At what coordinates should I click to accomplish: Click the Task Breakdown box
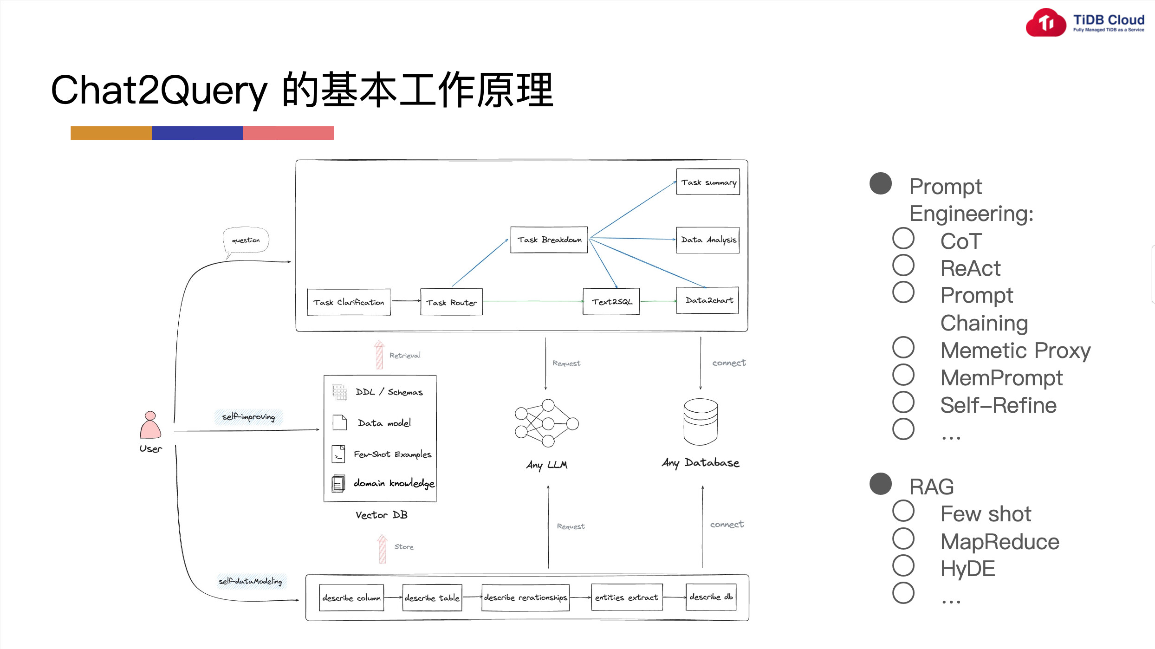pyautogui.click(x=549, y=240)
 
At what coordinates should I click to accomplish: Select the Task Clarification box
pyautogui.click(x=349, y=302)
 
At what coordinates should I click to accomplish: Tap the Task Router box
pyautogui.click(x=451, y=302)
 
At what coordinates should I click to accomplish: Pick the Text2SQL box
pyautogui.click(x=611, y=302)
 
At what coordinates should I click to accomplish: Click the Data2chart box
pyautogui.click(x=707, y=300)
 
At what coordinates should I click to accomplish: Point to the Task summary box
pyautogui.click(x=708, y=182)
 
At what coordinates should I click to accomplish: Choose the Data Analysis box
pyautogui.click(x=708, y=240)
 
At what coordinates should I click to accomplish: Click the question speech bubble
pyautogui.click(x=246, y=240)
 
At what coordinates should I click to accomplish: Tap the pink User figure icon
pyautogui.click(x=150, y=425)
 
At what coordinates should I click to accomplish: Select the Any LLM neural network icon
pyautogui.click(x=546, y=423)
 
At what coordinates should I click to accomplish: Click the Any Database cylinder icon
pyautogui.click(x=701, y=422)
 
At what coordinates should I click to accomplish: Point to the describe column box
pyautogui.click(x=351, y=597)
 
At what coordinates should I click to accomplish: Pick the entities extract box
pyautogui.click(x=627, y=597)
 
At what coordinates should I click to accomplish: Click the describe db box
pyautogui.click(x=711, y=597)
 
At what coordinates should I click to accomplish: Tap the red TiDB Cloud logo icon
pyautogui.click(x=1046, y=22)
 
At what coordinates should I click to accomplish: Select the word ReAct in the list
pyautogui.click(x=970, y=268)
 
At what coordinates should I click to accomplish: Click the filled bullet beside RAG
pyautogui.click(x=880, y=484)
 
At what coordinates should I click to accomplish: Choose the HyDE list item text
pyautogui.click(x=967, y=569)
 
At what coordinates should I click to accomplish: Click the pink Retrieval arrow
pyautogui.click(x=379, y=355)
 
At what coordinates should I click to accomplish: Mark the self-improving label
pyautogui.click(x=248, y=416)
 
